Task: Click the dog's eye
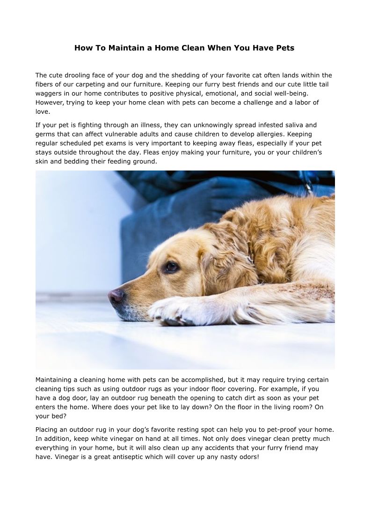[x=171, y=267]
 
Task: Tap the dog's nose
[x=116, y=296]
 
